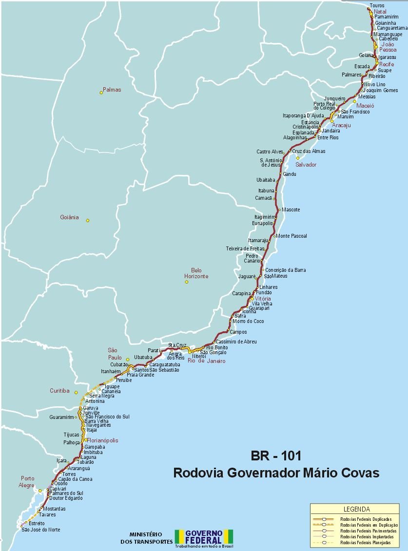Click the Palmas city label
point(112,90)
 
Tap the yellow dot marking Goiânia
point(88,220)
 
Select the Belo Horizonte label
point(196,273)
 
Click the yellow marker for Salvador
point(298,158)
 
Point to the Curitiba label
point(59,391)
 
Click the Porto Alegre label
point(27,482)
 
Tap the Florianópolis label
point(102,440)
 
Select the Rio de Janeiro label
point(207,361)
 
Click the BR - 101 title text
point(276,456)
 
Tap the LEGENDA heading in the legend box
point(356,509)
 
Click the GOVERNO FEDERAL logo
point(204,537)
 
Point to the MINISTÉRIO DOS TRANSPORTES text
point(146,538)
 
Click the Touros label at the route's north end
point(377,5)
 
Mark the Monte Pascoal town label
point(292,236)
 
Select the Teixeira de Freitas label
point(245,248)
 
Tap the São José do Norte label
point(41,530)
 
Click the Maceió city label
point(365,105)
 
